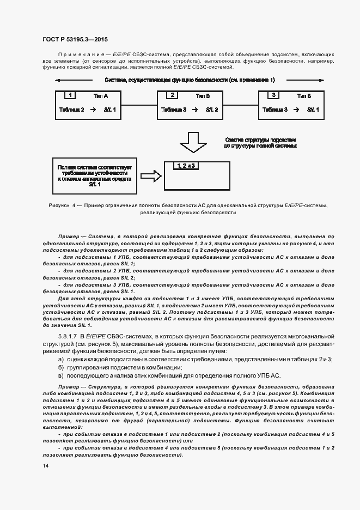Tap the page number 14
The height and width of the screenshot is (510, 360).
point(45,466)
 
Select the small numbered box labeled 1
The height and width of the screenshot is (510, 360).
point(70,95)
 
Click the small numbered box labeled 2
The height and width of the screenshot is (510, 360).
point(173,95)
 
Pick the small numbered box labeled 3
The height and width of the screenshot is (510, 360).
point(274,95)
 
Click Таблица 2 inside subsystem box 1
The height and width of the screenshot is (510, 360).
point(71,110)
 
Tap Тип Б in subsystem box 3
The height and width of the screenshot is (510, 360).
point(304,96)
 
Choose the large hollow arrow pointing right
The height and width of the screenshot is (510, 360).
point(150,175)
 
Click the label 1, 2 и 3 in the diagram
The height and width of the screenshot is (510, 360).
point(185,165)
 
